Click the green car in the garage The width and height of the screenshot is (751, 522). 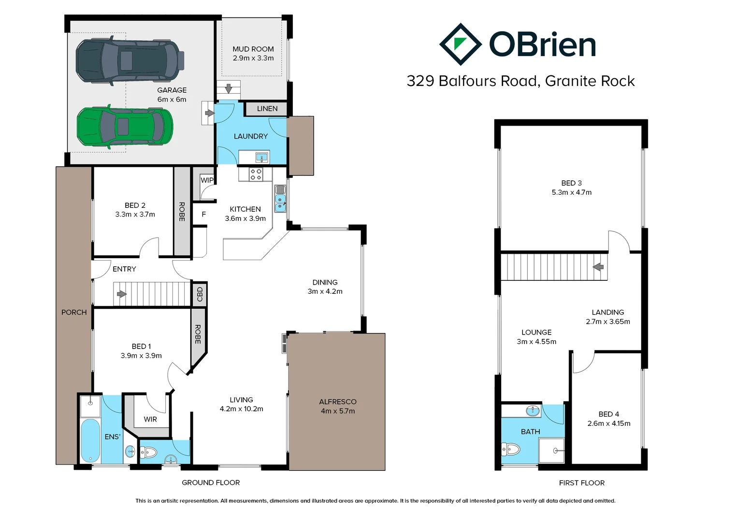pyautogui.click(x=125, y=127)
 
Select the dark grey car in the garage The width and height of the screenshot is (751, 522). pyautogui.click(x=130, y=60)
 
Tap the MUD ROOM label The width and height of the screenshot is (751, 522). pyautogui.click(x=253, y=49)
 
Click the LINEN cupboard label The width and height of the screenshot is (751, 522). pyautogui.click(x=267, y=109)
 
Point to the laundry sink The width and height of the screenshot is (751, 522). pyautogui.click(x=262, y=157)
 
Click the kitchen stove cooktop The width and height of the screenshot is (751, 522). pyautogui.click(x=256, y=174)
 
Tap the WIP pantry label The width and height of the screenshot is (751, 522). pyautogui.click(x=207, y=180)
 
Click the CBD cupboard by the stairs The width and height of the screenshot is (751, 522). pyautogui.click(x=200, y=294)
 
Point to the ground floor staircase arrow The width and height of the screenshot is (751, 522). pyautogui.click(x=121, y=294)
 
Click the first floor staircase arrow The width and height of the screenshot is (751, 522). pyautogui.click(x=598, y=267)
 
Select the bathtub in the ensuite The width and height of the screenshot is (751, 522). pyautogui.click(x=90, y=441)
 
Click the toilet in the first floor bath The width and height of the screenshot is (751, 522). pyautogui.click(x=511, y=450)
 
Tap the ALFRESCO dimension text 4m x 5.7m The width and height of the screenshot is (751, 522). pyautogui.click(x=337, y=411)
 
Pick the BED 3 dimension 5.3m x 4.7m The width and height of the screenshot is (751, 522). pyautogui.click(x=571, y=192)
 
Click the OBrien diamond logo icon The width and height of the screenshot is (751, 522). pyautogui.click(x=460, y=44)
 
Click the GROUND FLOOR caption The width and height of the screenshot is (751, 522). pyautogui.click(x=211, y=482)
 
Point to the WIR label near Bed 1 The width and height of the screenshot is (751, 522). pyautogui.click(x=150, y=419)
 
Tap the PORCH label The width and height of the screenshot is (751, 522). pyautogui.click(x=74, y=312)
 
